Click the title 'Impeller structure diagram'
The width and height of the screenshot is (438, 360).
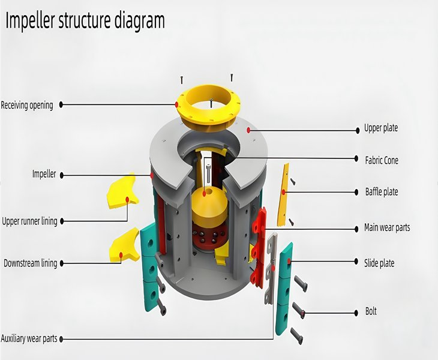pos(85,20)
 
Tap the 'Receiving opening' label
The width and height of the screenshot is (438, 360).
pos(27,105)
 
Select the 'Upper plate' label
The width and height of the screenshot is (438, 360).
pos(380,128)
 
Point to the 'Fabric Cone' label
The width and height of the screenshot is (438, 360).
pos(381,160)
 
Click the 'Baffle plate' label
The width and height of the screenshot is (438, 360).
pos(381,192)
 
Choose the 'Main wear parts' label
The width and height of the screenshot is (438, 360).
pos(387,228)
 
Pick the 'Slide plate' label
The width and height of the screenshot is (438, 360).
pos(379,263)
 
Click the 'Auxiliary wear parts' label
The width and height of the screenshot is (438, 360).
pos(29,338)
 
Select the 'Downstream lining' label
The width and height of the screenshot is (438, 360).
pos(30,263)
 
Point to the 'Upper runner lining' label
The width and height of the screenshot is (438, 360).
pos(29,221)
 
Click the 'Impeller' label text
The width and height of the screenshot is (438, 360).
pos(44,174)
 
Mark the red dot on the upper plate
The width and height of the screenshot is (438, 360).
pos(248,129)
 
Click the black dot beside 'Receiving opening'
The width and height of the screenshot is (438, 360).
pos(62,104)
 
